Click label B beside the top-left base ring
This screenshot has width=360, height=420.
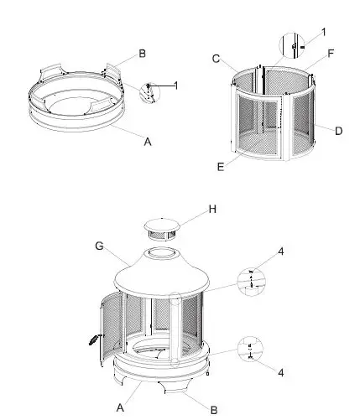[142, 54]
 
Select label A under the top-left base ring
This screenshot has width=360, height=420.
[148, 142]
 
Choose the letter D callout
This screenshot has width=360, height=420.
[339, 131]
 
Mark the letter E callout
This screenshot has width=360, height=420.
[220, 167]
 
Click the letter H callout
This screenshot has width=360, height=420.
[212, 209]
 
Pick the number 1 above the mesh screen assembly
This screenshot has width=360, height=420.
[323, 32]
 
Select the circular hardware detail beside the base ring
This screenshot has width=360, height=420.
[149, 91]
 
